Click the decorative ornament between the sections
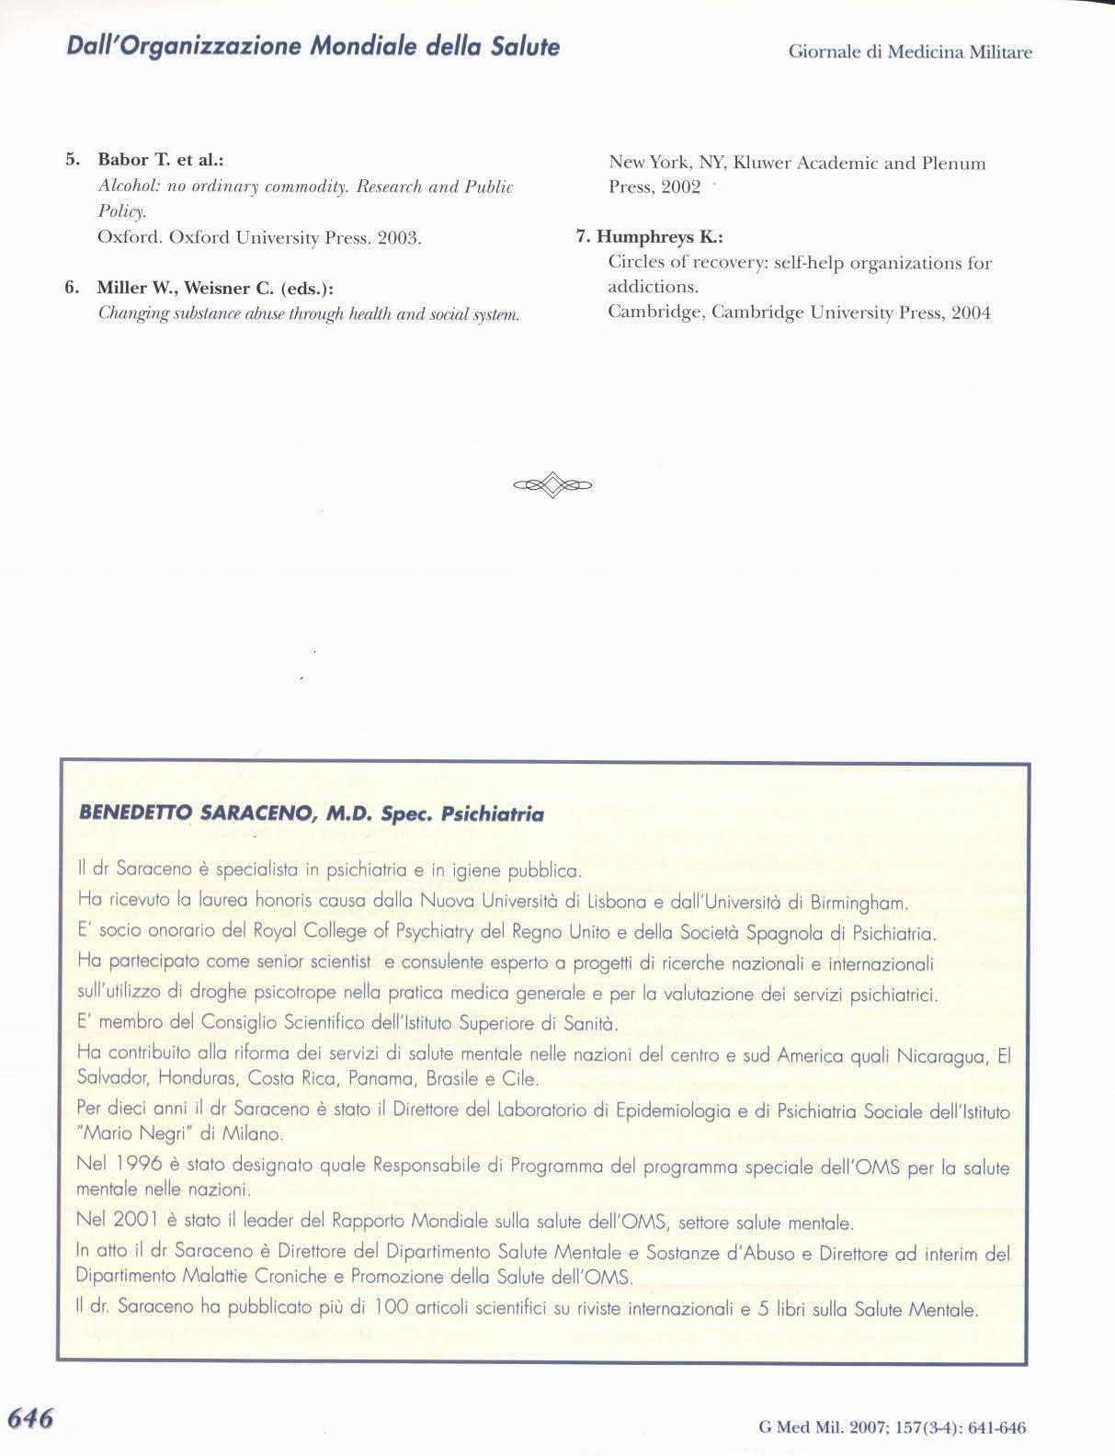(552, 483)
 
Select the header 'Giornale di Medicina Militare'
(910, 52)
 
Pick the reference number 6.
(71, 288)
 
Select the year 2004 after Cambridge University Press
(971, 313)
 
